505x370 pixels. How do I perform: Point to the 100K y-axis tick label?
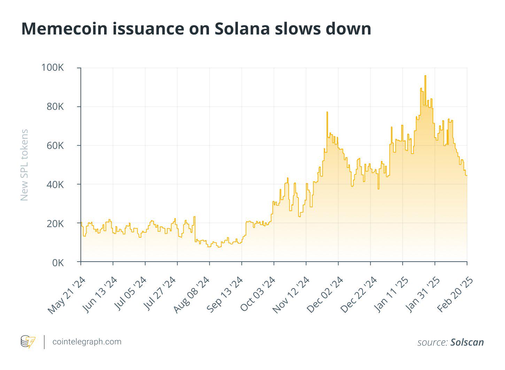pos(52,68)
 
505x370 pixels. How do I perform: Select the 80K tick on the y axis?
pos(55,107)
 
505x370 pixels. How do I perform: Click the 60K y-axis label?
pos(55,145)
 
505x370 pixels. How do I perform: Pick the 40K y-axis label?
pos(55,184)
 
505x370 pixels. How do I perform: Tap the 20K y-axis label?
pos(55,223)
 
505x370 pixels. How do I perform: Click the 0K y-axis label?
pos(58,262)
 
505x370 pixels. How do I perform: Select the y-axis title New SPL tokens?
pos(24,165)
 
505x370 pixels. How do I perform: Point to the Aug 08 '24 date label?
pos(192,295)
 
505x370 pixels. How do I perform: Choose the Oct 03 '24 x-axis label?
pos(258,295)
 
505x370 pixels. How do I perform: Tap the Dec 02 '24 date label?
pos(325,295)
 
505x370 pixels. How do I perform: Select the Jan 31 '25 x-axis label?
pos(422,295)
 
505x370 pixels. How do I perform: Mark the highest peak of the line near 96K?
pos(425,76)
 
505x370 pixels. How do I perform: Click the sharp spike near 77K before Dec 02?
pos(327,112)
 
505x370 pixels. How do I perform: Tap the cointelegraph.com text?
pos(87,342)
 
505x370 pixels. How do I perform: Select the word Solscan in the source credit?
pos(467,342)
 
